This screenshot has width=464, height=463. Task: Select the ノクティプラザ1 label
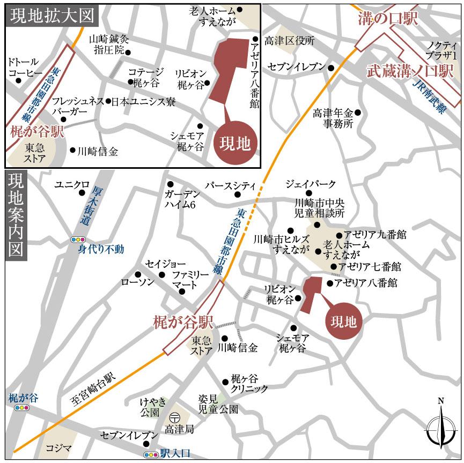click(x=441, y=50)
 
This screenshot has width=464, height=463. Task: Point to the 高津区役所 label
click(x=290, y=41)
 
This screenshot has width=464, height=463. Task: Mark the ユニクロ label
click(x=71, y=185)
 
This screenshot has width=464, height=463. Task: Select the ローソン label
click(x=138, y=281)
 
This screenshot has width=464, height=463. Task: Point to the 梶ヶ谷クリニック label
click(x=249, y=383)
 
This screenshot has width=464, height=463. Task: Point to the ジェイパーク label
click(x=311, y=184)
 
